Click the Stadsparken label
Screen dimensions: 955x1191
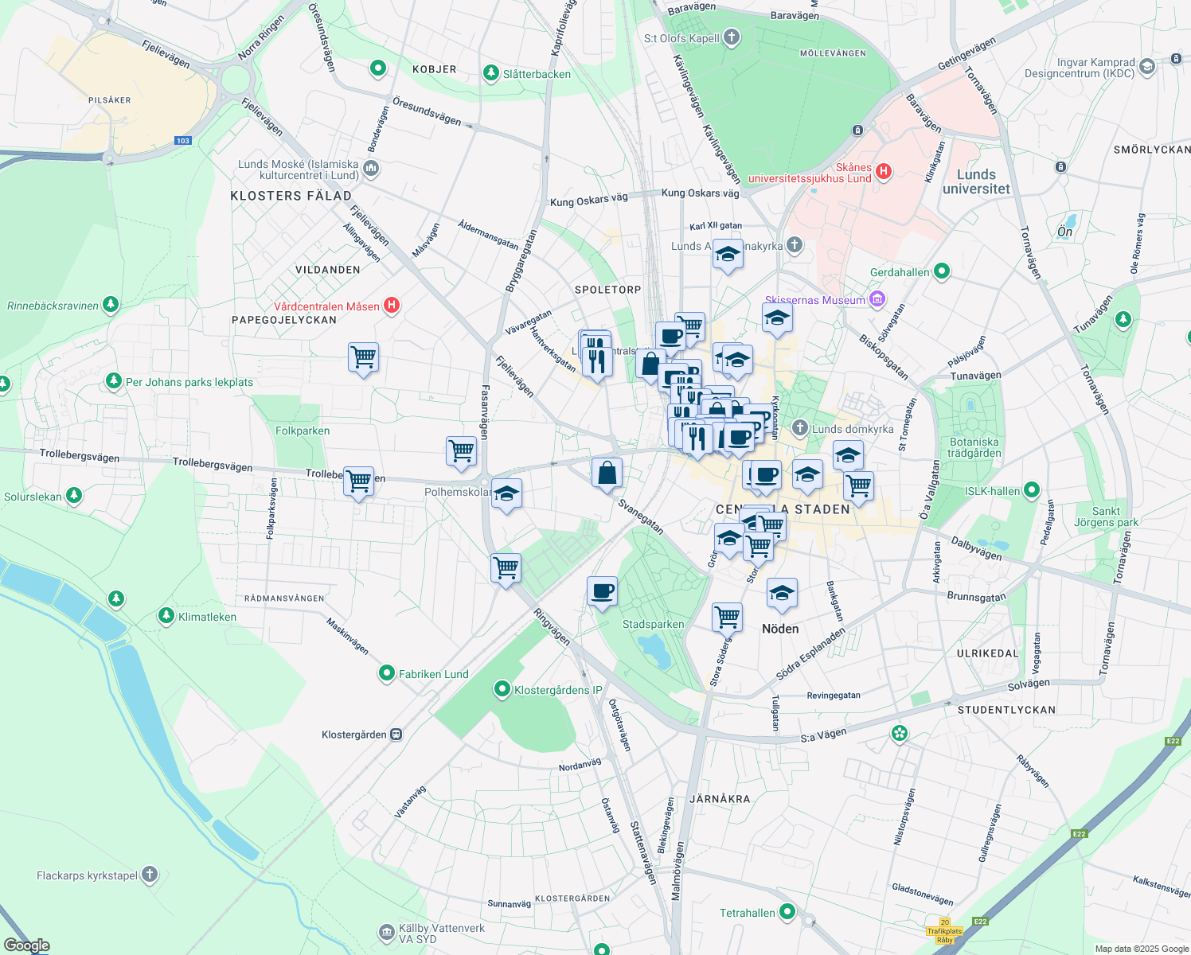(x=653, y=625)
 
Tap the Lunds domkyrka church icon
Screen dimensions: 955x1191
(x=800, y=428)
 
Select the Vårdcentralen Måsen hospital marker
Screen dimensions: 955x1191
(x=392, y=306)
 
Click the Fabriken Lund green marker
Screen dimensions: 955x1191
(x=387, y=674)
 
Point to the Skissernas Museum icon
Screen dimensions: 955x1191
(x=877, y=299)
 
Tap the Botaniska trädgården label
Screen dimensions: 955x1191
(x=974, y=447)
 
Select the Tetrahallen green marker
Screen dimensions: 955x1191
(x=787, y=912)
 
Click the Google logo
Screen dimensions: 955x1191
(x=27, y=945)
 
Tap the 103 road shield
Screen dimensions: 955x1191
(x=183, y=141)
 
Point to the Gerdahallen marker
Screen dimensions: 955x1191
(x=942, y=271)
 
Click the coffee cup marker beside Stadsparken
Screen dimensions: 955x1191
(x=602, y=591)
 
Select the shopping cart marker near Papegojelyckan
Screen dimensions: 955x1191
(x=363, y=357)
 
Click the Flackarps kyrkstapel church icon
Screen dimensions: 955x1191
(x=150, y=875)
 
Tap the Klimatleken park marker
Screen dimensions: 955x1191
(x=166, y=616)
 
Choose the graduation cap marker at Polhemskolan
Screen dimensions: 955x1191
(x=506, y=494)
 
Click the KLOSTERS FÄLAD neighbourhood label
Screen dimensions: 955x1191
(x=291, y=196)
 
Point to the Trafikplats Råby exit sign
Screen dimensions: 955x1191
(x=945, y=930)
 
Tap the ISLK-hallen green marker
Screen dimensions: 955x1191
(x=1032, y=490)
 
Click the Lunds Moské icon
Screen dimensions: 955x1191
(x=371, y=169)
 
